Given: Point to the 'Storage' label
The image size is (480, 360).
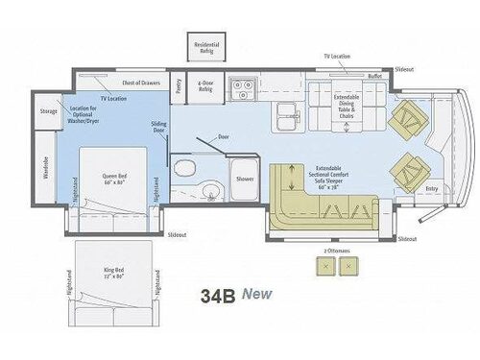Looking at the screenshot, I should (49, 111).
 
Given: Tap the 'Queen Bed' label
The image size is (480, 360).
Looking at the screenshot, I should (117, 180).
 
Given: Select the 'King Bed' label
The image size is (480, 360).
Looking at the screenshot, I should (115, 274).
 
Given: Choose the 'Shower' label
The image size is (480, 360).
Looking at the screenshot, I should (246, 180).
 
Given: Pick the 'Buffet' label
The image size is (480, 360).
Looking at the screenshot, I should (374, 75).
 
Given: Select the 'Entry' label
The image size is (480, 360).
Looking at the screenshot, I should (431, 189).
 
